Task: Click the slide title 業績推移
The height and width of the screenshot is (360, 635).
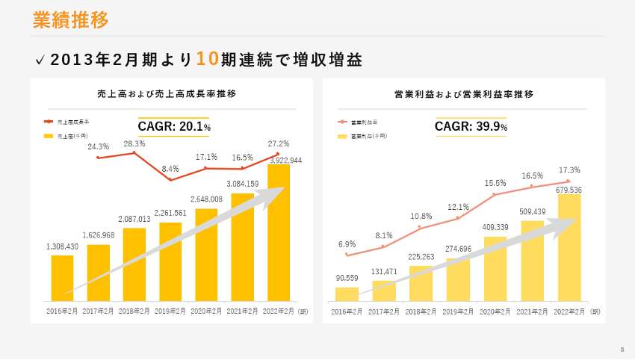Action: pyautogui.click(x=71, y=20)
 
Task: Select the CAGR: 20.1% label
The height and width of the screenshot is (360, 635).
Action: pyautogui.click(x=174, y=127)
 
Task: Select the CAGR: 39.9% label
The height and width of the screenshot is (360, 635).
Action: pyautogui.click(x=471, y=127)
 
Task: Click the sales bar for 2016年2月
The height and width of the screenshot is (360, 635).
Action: pyautogui.click(x=62, y=278)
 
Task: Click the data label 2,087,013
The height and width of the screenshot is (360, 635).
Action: pyautogui.click(x=134, y=220)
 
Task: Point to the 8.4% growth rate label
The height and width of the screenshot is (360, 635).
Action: pyautogui.click(x=170, y=169)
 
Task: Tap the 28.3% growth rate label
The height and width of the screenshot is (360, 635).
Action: pyautogui.click(x=134, y=143)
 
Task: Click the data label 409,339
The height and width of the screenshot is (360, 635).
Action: pyautogui.click(x=495, y=228)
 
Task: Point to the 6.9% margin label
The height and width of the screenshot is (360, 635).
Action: pyautogui.click(x=347, y=244)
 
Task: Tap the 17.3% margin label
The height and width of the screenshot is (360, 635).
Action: pyautogui.click(x=569, y=170)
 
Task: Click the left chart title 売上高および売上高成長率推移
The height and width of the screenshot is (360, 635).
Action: pyautogui.click(x=171, y=94)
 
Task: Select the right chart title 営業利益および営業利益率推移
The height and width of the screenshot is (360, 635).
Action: pyautogui.click(x=464, y=94)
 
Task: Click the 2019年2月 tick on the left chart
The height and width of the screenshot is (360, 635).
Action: pyautogui.click(x=170, y=310)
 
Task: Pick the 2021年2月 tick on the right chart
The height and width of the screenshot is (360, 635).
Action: pyautogui.click(x=532, y=310)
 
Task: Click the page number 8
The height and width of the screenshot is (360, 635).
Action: pyautogui.click(x=622, y=350)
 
